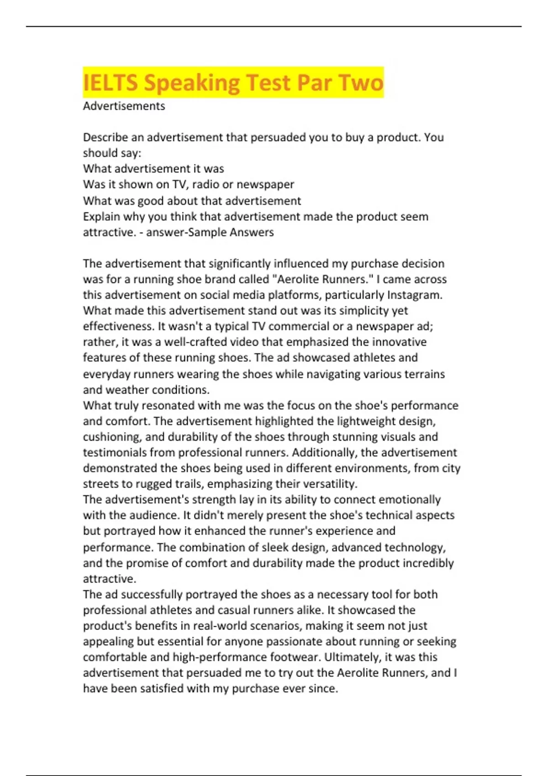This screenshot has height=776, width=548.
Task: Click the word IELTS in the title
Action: [x=111, y=83]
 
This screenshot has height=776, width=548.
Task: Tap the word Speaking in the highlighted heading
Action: [x=192, y=83]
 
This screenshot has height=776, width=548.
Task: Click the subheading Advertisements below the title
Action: [x=124, y=106]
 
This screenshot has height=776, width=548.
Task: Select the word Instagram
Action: [x=414, y=295]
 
